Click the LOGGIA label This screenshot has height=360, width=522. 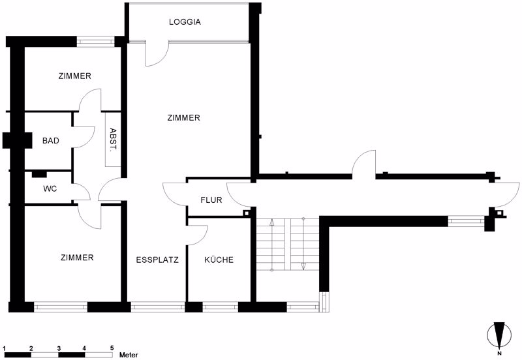185,22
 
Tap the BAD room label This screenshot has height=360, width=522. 51,141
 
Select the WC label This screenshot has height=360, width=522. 50,189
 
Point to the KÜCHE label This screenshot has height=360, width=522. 219,260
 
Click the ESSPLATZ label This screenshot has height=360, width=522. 157,260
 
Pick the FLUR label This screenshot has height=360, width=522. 211,200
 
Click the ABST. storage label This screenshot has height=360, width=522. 113,139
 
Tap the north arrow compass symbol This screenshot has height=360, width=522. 499,335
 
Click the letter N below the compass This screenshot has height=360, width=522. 499,353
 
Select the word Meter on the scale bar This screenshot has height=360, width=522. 129,355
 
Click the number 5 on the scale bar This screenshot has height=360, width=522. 112,348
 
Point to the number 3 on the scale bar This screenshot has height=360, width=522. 59,348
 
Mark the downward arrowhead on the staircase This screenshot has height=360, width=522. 303,266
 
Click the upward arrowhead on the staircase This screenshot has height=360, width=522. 271,222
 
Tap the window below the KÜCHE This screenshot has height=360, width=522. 220,307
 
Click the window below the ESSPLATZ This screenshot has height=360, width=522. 157,307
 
